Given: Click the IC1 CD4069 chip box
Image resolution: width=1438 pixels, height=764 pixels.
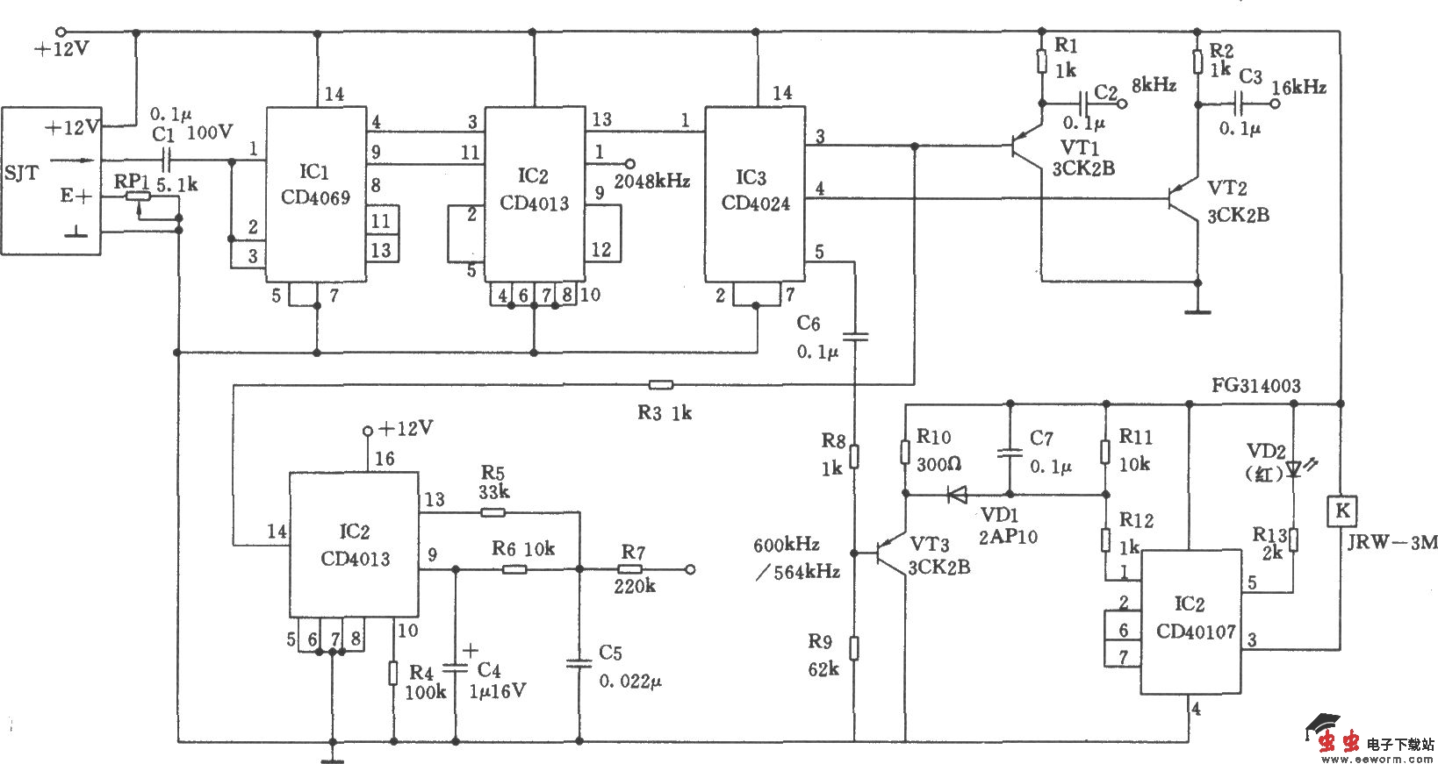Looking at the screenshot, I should click(316, 194).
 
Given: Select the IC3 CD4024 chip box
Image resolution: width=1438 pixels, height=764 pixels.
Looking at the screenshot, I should click(756, 194).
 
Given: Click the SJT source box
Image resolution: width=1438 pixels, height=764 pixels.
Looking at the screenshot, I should click(51, 180).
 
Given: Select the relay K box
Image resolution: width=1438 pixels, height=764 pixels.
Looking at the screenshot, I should click(1341, 511).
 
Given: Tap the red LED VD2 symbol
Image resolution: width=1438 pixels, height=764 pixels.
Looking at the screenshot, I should click(1295, 470).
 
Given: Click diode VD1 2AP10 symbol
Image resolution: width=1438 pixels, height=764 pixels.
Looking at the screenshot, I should click(957, 495).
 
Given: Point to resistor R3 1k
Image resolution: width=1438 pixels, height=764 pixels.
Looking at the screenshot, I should click(660, 384).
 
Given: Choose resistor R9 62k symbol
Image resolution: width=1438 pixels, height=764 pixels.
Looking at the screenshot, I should click(854, 648).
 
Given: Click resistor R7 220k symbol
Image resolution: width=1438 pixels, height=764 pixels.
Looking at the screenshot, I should click(631, 569).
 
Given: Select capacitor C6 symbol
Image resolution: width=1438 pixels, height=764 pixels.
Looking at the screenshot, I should click(854, 335).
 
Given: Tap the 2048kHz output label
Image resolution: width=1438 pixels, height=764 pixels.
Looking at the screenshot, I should click(652, 182).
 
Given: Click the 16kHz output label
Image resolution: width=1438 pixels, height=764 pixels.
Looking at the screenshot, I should click(1298, 87).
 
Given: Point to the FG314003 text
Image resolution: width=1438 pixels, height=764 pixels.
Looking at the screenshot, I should click(1255, 385).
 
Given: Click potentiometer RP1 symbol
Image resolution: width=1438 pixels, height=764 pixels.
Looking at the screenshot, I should click(138, 197).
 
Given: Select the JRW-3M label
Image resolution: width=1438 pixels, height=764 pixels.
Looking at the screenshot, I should click(1392, 543).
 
